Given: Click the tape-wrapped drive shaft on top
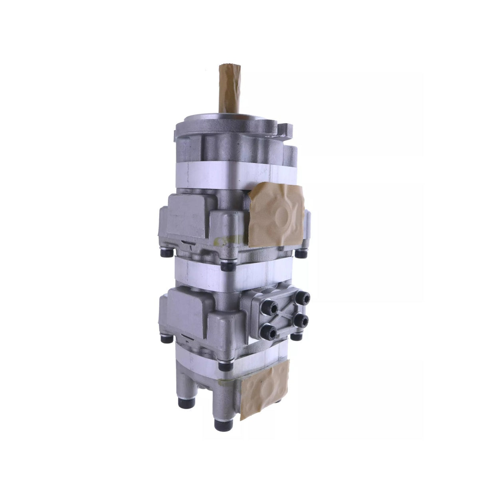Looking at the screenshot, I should (226, 90).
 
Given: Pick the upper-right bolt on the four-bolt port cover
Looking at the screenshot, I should (305, 298).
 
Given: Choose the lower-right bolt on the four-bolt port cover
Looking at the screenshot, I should (303, 320).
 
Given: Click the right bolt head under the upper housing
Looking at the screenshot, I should (301, 253).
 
